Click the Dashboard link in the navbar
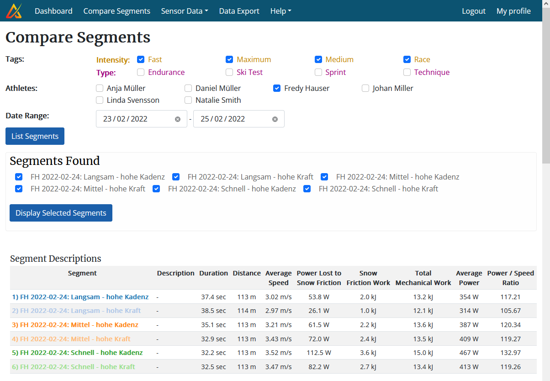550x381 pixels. pyautogui.click(x=53, y=11)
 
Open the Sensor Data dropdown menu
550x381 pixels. pyautogui.click(x=185, y=11)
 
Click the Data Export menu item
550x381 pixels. pyautogui.click(x=239, y=11)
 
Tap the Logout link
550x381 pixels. pyautogui.click(x=474, y=11)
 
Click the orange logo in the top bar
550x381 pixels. pyautogui.click(x=14, y=11)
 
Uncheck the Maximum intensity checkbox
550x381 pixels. pyautogui.click(x=229, y=59)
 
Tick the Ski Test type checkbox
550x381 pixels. pyautogui.click(x=229, y=72)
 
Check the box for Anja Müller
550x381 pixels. pyautogui.click(x=100, y=88)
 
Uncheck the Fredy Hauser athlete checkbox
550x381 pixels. pyautogui.click(x=277, y=88)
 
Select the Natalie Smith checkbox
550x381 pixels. pyautogui.click(x=188, y=100)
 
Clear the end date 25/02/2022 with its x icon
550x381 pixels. pyautogui.click(x=275, y=119)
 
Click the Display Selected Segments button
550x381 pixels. pyautogui.click(x=61, y=213)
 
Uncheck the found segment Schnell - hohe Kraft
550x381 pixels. pyautogui.click(x=307, y=189)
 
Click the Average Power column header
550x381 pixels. pyautogui.click(x=469, y=278)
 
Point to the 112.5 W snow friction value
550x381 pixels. pyautogui.click(x=319, y=353)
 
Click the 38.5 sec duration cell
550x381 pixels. pyautogui.click(x=213, y=311)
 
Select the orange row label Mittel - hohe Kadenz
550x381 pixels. pyautogui.click(x=75, y=325)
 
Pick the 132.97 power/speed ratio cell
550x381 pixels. pyautogui.click(x=510, y=353)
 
